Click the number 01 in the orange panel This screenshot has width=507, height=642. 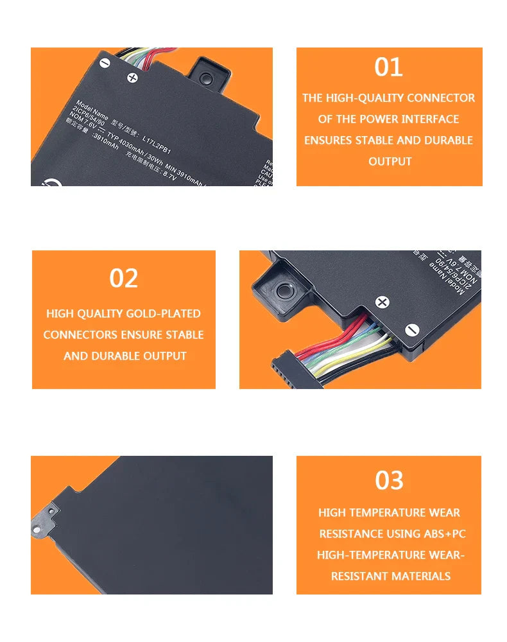(388, 67)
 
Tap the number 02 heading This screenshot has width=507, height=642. (123, 278)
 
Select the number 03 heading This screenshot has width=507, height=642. (389, 480)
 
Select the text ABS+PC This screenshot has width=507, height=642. (444, 534)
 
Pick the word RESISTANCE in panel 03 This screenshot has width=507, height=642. (350, 534)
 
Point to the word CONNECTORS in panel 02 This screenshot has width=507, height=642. (79, 334)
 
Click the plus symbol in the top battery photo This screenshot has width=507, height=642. (133, 78)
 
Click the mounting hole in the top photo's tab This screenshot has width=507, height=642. (205, 78)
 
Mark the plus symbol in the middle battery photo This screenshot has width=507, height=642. (382, 302)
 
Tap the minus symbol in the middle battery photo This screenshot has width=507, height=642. (412, 329)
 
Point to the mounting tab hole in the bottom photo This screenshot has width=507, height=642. (37, 529)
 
